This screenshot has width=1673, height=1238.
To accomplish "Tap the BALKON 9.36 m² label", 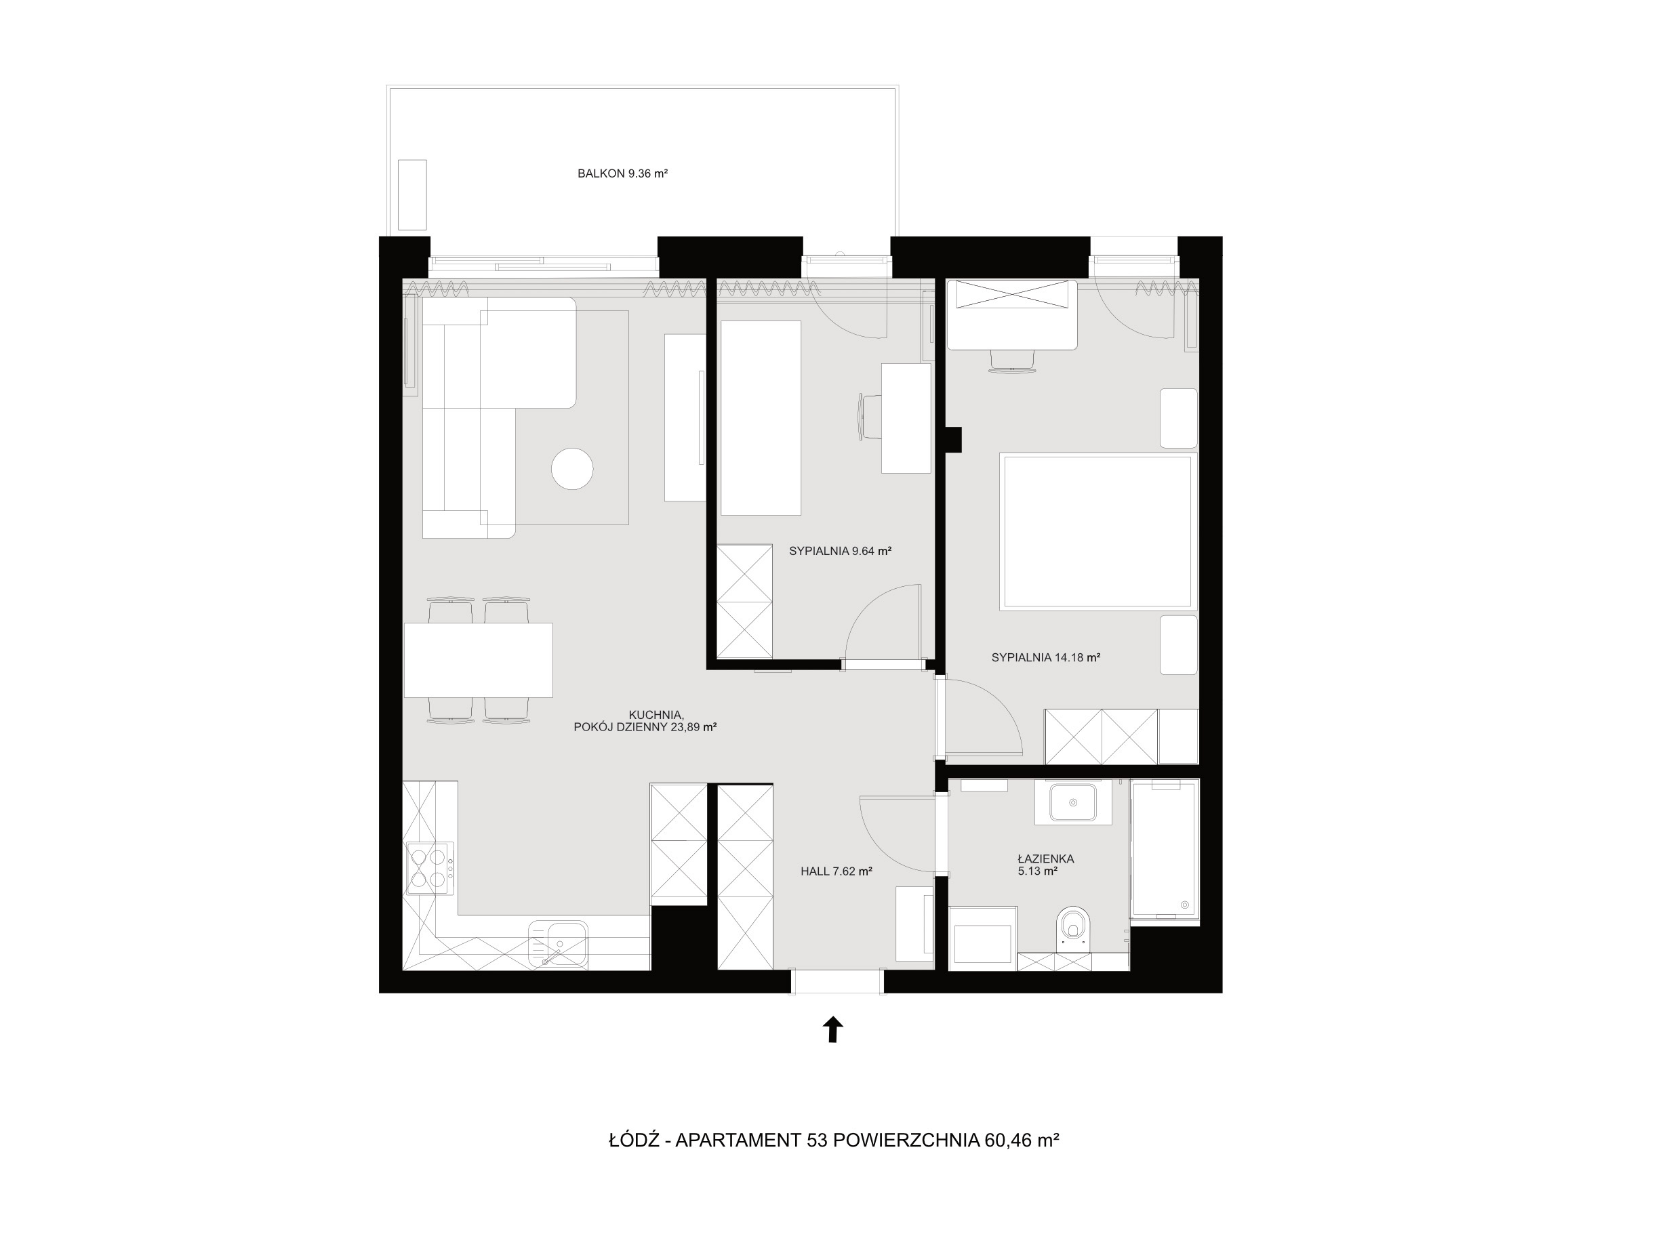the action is pyautogui.click(x=622, y=173).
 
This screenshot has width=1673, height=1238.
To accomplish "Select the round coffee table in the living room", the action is pyautogui.click(x=572, y=468).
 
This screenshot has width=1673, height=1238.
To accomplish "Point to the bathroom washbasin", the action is pyautogui.click(x=1072, y=802).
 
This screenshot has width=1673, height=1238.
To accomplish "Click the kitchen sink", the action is pyautogui.click(x=559, y=944).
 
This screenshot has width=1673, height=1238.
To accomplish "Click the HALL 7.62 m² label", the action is pyautogui.click(x=836, y=871).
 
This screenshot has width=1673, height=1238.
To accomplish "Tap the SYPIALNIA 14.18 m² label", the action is pyautogui.click(x=1045, y=657).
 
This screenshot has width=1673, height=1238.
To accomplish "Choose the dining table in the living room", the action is pyautogui.click(x=478, y=660).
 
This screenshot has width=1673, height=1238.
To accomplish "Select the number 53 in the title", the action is pyautogui.click(x=816, y=1140).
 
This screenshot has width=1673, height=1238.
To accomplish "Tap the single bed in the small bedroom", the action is pyautogui.click(x=761, y=418).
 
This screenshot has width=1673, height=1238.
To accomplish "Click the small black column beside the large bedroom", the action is pyautogui.click(x=952, y=440).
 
